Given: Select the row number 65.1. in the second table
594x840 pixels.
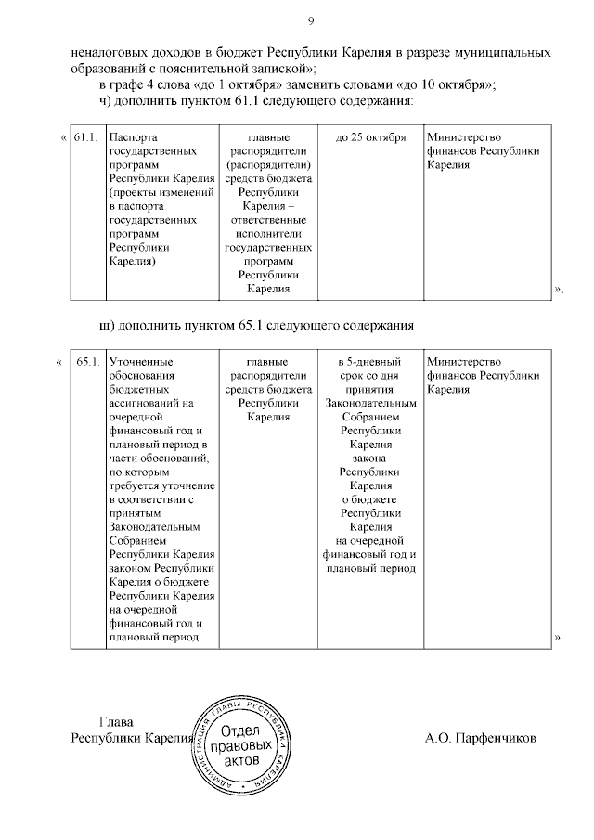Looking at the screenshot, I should (86, 360).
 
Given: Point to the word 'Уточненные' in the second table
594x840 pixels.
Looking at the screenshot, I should (140, 360).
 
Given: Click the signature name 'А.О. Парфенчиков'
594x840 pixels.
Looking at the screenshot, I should (480, 739).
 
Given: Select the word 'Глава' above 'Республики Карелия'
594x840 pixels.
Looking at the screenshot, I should (117, 722).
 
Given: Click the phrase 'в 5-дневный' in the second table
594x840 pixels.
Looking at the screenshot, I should (370, 360).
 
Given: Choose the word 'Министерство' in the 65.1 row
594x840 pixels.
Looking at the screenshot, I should (465, 360).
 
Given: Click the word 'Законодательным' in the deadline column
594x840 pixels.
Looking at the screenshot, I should (370, 403).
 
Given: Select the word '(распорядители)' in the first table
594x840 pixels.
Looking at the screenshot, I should (267, 151).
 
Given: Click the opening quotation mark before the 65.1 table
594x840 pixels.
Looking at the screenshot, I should (60, 360).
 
